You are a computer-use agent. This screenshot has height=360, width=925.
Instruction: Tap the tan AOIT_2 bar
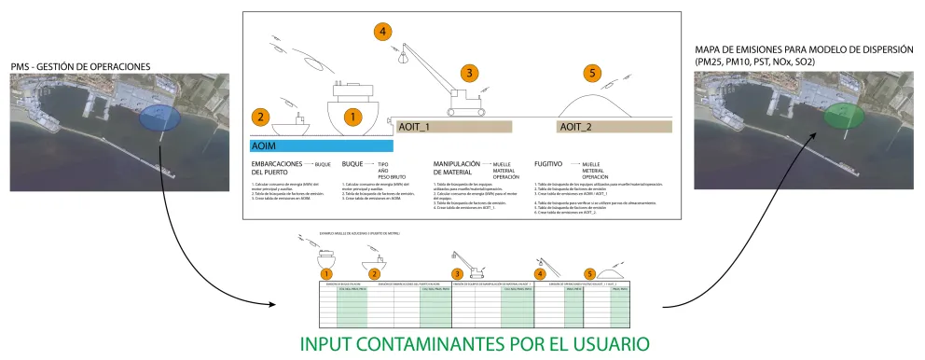pyautogui.click(x=614, y=126)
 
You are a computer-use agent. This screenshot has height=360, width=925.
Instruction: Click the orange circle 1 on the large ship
pyautogui.click(x=352, y=117)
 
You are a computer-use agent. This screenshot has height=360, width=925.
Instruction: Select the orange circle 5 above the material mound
pyautogui.click(x=590, y=73)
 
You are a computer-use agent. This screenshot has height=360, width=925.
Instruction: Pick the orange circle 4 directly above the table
pyautogui.click(x=538, y=273)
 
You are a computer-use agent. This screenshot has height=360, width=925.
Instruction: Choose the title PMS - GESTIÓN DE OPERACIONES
pyautogui.click(x=81, y=66)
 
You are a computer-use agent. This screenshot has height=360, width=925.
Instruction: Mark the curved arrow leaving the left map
pyautogui.click(x=196, y=252)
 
